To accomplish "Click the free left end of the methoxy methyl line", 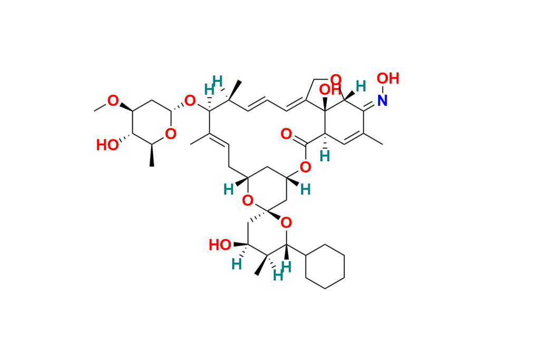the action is click(94, 111).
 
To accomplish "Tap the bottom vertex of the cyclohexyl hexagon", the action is click(325, 288).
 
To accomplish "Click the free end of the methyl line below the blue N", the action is click(383, 144).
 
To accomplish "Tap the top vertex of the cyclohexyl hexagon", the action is click(325, 245).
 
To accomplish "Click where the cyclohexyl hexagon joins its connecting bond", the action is click(306, 255).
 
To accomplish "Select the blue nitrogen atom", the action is click(382, 100).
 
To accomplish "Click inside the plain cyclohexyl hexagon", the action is click(325, 266).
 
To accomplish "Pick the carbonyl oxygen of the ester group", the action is click(286, 133).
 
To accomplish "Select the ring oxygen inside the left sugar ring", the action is click(171, 133).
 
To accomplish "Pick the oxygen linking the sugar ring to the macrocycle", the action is click(190, 101).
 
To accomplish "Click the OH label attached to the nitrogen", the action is click(388, 79).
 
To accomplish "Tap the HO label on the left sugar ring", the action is click(108, 145).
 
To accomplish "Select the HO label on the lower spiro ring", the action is click(220, 245).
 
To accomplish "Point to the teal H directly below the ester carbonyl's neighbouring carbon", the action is click(324, 157).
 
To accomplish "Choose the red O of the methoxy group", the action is click(113, 101).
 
